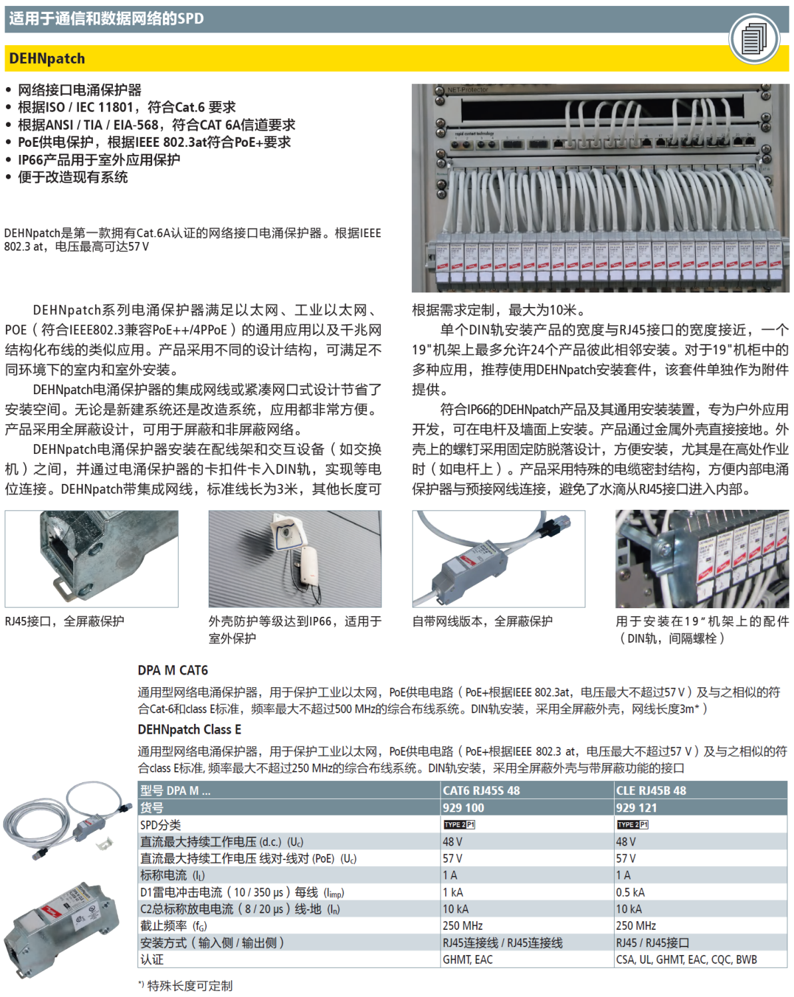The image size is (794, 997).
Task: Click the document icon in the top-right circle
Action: tap(753, 39)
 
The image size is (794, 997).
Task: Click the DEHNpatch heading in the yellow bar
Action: tap(47, 58)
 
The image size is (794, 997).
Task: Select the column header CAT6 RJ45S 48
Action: tap(482, 790)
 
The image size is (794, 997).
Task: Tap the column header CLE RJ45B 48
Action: tap(651, 790)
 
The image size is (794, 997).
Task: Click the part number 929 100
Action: tap(464, 808)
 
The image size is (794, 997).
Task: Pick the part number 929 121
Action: tap(637, 808)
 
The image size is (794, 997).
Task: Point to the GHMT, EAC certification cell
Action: tap(468, 959)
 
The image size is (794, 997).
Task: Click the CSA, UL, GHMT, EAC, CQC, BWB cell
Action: tap(686, 959)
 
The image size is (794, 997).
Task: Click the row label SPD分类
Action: tap(161, 825)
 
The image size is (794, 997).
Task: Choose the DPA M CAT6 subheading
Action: tap(173, 670)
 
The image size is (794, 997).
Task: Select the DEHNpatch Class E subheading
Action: tap(189, 729)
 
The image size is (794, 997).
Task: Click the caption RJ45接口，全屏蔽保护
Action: tap(64, 621)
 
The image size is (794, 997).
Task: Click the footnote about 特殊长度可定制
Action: tap(185, 986)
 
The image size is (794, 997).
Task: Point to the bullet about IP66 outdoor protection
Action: tap(98, 160)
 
